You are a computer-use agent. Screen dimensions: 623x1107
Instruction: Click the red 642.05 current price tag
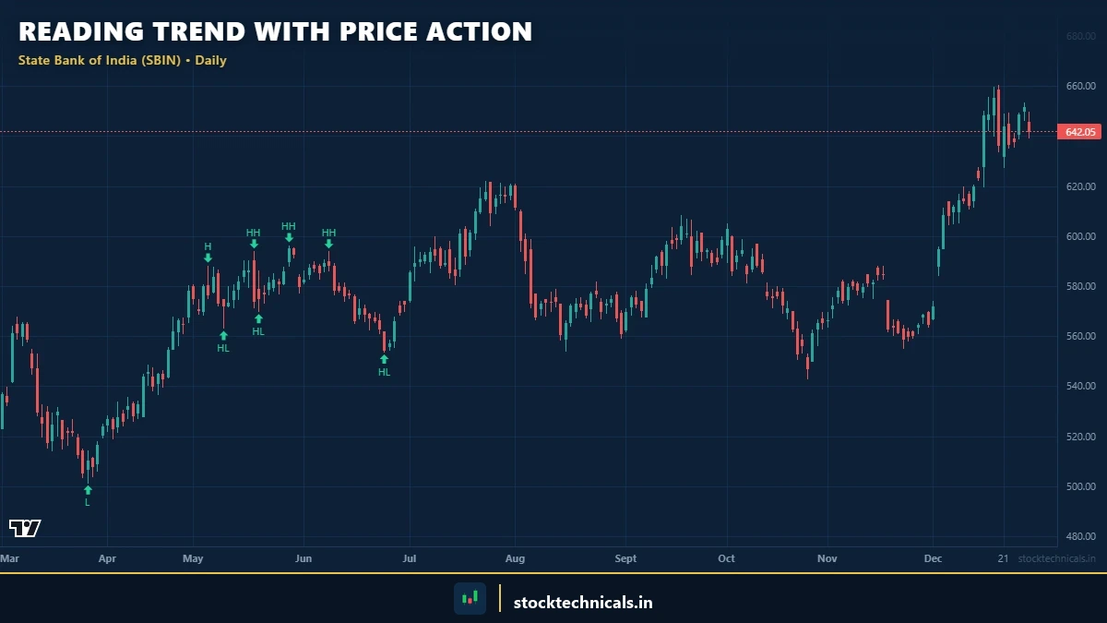click(1080, 132)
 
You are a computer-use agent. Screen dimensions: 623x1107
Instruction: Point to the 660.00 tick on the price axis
click(1080, 86)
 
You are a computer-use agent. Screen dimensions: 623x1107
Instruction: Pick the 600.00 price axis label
click(1080, 236)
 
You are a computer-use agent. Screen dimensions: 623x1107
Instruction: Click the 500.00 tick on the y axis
click(1080, 486)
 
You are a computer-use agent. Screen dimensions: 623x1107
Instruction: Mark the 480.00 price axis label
click(1080, 536)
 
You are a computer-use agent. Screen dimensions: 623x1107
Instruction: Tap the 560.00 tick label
click(1080, 336)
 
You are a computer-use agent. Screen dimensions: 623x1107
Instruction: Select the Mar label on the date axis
click(9, 558)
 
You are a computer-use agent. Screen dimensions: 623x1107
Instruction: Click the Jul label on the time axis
click(410, 558)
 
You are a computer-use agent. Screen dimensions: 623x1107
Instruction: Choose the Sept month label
click(625, 558)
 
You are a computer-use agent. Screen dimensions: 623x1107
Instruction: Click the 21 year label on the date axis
click(1003, 558)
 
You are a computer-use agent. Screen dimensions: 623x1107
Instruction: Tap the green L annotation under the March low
click(88, 502)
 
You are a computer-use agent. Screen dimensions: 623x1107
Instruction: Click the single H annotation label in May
click(208, 246)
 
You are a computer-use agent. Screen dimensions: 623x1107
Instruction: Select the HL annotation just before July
click(384, 372)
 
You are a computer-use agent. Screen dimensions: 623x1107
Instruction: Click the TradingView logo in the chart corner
click(25, 528)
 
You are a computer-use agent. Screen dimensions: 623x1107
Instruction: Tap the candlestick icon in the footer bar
click(470, 598)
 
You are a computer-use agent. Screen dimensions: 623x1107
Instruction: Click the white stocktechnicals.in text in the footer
click(582, 603)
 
